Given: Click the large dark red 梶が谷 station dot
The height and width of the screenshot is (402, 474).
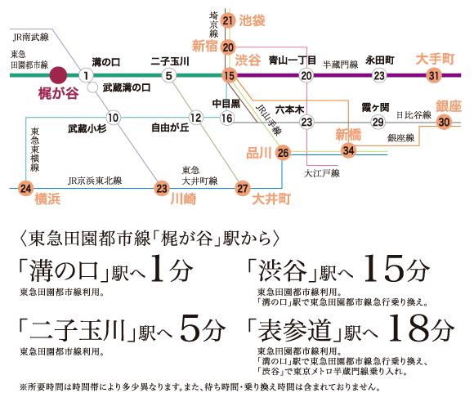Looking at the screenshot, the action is click(58, 75).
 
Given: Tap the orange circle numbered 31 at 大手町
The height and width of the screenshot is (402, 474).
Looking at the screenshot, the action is click(434, 75).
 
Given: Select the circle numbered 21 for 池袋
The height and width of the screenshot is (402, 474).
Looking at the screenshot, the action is click(228, 20).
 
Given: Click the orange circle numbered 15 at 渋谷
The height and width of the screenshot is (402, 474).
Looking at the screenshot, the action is click(229, 75).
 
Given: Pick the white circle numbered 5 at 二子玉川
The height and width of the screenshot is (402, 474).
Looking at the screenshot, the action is click(168, 75).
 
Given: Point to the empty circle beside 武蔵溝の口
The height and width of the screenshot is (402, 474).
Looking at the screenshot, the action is click(93, 87).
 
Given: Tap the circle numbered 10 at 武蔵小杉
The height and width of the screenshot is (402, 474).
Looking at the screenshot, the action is click(113, 118).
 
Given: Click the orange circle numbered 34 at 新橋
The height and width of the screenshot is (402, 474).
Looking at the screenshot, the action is click(348, 150).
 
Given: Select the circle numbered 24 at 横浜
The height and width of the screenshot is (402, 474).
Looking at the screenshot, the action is click(25, 189).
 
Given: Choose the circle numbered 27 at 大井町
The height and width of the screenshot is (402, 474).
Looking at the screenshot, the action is click(243, 189).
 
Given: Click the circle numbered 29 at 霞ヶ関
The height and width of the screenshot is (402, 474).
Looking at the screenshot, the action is click(378, 122).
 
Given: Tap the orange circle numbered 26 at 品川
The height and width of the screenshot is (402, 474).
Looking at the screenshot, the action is click(283, 153).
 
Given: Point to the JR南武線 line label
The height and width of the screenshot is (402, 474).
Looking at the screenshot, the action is click(30, 38).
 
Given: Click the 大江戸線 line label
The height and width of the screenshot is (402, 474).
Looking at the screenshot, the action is click(322, 173).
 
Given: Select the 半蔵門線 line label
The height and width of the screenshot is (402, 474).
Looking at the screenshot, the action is click(340, 65).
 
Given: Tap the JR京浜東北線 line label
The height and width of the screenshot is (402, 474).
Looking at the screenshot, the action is click(95, 181).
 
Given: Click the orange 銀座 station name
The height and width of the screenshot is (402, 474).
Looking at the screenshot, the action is click(449, 107).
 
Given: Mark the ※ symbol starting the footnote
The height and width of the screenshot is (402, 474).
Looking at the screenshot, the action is click(23, 387).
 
